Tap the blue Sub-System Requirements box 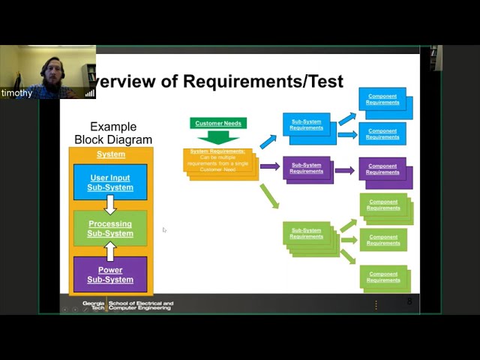point(306,125)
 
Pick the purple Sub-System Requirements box point(306,168)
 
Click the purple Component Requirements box point(382,169)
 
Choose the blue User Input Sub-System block point(110,182)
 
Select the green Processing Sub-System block point(110,228)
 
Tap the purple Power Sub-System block point(110,274)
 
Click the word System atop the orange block point(111,154)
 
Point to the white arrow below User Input point(110,205)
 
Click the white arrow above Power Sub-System point(110,250)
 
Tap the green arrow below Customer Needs point(218,137)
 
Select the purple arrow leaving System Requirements point(269,166)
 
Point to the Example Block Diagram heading point(113,133)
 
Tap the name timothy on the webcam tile point(16,94)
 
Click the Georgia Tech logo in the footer point(94,306)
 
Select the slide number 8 point(409,301)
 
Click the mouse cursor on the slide point(164,229)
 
